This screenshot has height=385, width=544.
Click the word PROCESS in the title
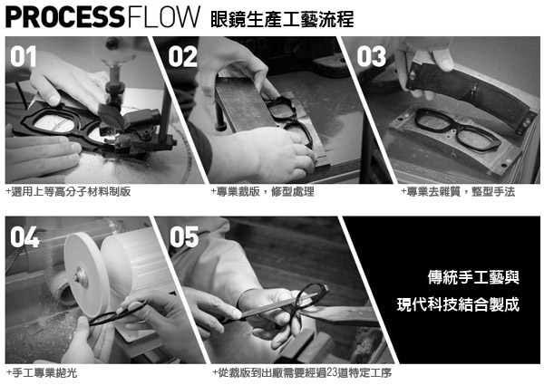(65, 17)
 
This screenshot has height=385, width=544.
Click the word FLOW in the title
(164, 17)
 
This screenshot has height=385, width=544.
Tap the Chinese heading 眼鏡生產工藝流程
(282, 19)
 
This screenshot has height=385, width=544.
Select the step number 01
(24, 56)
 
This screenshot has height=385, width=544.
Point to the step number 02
(183, 57)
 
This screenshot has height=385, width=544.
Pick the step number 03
(371, 57)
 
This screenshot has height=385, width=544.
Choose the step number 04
(24, 237)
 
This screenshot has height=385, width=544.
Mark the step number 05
(184, 237)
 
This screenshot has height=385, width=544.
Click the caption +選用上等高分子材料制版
(68, 192)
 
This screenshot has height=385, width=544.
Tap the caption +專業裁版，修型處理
(263, 192)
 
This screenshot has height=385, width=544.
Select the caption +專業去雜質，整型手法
(458, 192)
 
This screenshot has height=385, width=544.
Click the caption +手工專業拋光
(42, 373)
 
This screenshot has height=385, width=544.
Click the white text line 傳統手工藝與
(473, 277)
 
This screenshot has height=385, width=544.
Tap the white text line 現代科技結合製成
(458, 304)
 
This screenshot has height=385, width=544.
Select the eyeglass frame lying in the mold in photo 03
(458, 129)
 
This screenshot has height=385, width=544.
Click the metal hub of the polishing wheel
(81, 276)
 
